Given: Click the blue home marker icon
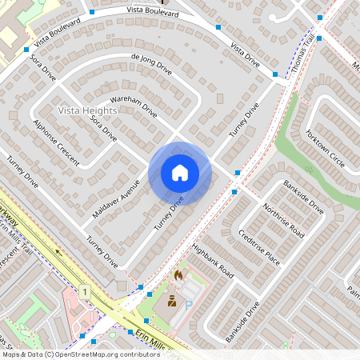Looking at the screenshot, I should tap(180, 172).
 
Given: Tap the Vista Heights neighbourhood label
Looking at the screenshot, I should tap(90, 110).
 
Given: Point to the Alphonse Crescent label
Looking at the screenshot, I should tap(56, 142).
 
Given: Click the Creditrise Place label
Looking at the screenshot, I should tap(260, 249).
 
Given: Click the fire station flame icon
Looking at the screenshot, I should tap(178, 275).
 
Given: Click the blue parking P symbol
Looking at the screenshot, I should tap(188, 304).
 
